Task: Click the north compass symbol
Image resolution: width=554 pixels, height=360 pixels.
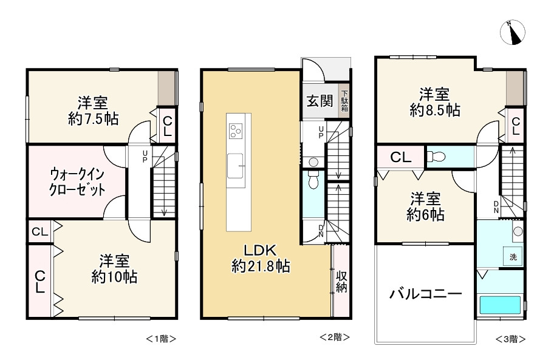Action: point(514,33)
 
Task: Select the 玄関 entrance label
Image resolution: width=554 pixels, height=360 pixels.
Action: point(319,101)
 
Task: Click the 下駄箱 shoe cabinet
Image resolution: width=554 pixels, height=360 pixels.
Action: point(344,101)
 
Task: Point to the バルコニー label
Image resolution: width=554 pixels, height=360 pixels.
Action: point(425,294)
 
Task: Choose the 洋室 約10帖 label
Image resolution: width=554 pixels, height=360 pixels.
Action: point(114,269)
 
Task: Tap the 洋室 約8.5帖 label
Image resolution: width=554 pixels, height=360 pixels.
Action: point(434,103)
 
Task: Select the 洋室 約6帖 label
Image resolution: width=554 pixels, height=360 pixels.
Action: point(426,206)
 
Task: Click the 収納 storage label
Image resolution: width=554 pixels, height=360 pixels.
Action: point(341,281)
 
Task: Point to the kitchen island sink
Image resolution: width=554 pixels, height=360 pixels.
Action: point(236,163)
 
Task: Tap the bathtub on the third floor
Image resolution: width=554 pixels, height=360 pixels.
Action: point(500,304)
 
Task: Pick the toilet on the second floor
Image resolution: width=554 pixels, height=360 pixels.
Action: point(313,180)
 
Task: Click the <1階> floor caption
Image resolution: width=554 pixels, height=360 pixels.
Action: point(161,338)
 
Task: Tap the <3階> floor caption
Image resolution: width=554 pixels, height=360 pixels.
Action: point(510,339)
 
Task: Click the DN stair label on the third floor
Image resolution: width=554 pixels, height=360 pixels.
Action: point(496,206)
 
